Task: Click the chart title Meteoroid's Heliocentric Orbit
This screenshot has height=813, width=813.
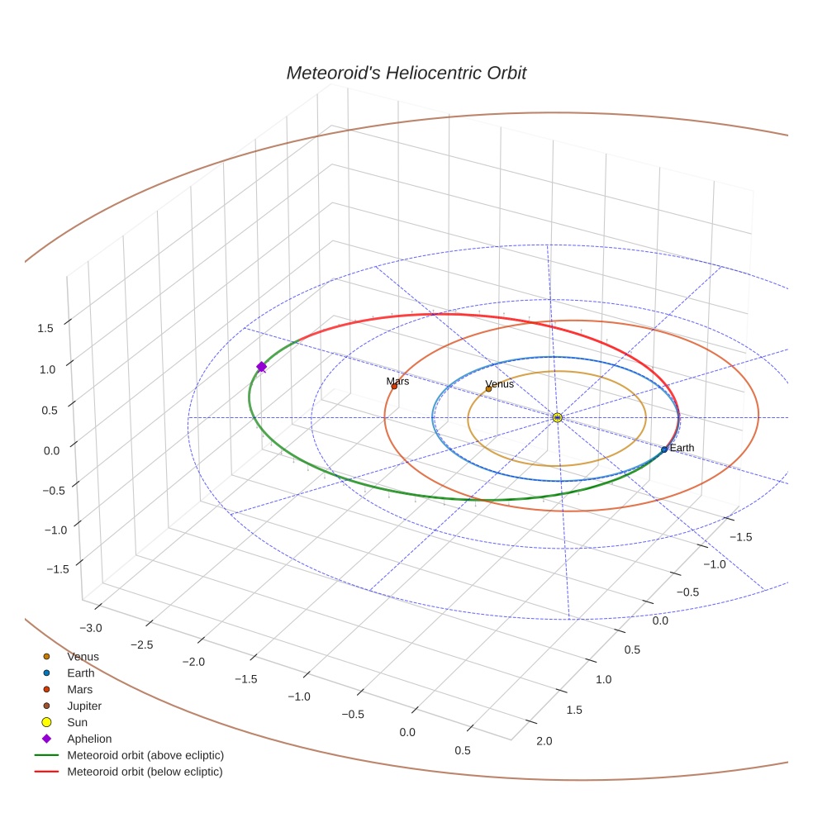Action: pos(406,74)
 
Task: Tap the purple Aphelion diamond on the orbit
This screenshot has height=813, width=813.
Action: pos(261,367)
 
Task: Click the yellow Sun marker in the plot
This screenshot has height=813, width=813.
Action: pos(557,418)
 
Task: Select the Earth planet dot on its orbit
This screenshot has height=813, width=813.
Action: pos(664,449)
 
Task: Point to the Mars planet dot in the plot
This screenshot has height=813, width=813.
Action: pos(394,386)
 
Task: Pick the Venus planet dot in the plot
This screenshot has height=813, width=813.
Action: pos(488,389)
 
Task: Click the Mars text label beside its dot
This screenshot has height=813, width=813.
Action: pos(397,381)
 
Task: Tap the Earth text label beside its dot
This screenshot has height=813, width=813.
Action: pos(682,448)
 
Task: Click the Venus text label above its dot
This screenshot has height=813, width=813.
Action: pos(499,384)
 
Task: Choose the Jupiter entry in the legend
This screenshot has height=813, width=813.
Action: pos(83,706)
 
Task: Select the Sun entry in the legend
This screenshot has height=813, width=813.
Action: pos(77,722)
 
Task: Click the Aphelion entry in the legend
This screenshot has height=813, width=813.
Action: pos(88,739)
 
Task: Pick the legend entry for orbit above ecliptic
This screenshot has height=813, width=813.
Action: pos(145,755)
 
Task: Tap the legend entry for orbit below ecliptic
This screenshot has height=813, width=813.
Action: pos(145,772)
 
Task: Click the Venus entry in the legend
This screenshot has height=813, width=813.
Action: pos(83,657)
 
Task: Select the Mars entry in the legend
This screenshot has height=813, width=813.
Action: pos(79,689)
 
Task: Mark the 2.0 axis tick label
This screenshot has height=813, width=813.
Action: pos(544,741)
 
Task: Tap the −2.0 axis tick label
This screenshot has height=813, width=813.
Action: pos(193,662)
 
